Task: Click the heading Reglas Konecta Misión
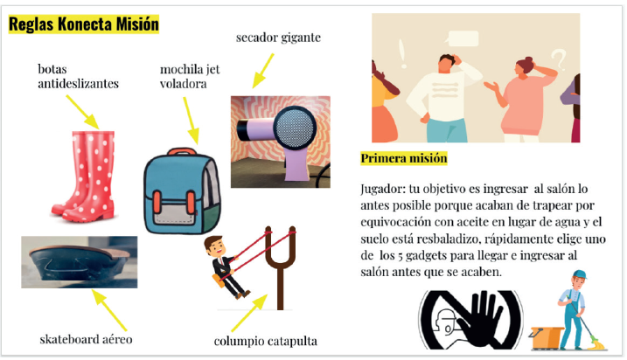[84, 24]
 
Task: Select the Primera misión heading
[404, 158]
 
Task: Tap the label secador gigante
[278, 38]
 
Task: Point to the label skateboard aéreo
[86, 340]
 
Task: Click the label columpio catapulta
[266, 342]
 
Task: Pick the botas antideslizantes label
[79, 76]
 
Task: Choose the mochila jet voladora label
[190, 76]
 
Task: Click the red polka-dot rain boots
[85, 177]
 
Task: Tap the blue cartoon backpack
[182, 191]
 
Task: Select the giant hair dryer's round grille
[295, 128]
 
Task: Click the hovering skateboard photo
[80, 262]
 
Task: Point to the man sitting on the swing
[225, 267]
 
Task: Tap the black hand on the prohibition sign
[480, 320]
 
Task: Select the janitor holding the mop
[575, 309]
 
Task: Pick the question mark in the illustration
[560, 59]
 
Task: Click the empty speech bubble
[463, 38]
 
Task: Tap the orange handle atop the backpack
[182, 151]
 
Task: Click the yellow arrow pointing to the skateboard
[109, 310]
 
